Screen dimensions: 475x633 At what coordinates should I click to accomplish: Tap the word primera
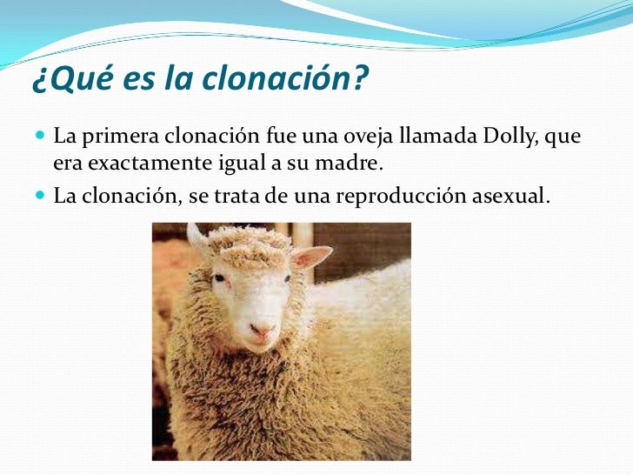122,137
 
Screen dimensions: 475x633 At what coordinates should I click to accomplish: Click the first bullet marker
41,137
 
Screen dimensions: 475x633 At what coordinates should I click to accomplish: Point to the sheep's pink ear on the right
311,257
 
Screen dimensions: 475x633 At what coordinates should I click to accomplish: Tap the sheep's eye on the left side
219,278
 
